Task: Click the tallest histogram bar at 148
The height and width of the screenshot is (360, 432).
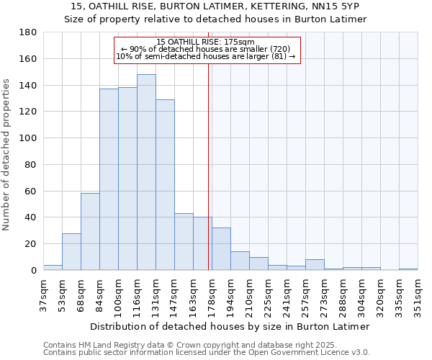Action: [146, 173]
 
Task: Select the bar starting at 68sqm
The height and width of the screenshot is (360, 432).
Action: [90, 232]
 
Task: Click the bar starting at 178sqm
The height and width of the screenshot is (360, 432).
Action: [221, 249]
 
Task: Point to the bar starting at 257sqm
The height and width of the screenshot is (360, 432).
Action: [315, 265]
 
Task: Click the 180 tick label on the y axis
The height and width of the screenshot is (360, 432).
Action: [28, 32]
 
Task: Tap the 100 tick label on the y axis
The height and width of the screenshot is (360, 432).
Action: [28, 138]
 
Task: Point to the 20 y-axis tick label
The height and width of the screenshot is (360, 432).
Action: [31, 244]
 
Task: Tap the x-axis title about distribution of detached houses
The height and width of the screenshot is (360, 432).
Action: [230, 326]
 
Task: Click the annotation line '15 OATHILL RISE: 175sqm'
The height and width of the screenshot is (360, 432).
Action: [205, 42]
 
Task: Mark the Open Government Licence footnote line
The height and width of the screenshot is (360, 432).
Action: [207, 353]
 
